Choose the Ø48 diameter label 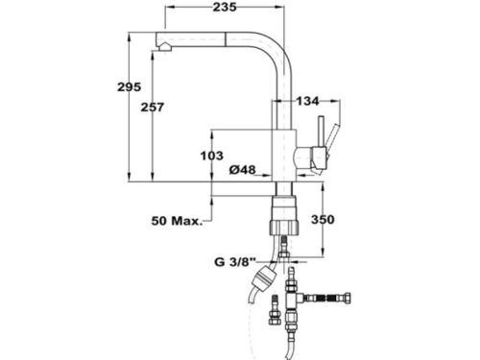[242, 170]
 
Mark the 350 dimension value [324, 220]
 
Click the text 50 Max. [176, 222]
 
